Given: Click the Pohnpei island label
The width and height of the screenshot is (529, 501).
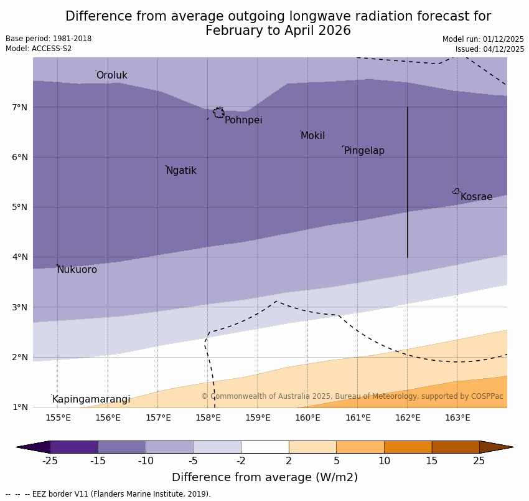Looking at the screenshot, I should coord(243,120).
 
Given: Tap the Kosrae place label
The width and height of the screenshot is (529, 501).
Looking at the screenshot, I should coord(476,197).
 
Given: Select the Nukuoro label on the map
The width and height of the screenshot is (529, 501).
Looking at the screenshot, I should coord(77,270).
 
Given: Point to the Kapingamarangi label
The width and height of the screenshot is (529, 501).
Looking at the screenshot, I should coord(91,399).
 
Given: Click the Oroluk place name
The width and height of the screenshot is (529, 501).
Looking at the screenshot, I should coord(111,75).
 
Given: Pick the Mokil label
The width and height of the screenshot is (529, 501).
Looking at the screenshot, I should coord(312,136).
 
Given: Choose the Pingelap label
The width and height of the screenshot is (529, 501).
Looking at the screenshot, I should coord(364,151).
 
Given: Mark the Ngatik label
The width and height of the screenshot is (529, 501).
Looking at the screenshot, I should coord(181,171).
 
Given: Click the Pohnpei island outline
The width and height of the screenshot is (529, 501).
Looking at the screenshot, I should coord(218,113).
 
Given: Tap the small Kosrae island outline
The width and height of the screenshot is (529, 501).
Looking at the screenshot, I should coord(456,191).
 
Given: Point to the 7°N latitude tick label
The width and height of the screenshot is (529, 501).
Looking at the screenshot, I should coord(20,107).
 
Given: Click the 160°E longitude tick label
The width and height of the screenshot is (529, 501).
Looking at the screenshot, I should coord(307,417).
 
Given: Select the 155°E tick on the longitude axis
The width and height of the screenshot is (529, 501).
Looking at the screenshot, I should coord(58,417).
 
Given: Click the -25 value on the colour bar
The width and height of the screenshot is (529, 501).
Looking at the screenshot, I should coord(50,461).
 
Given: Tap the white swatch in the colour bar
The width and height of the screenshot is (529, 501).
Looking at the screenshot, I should coord(264,447).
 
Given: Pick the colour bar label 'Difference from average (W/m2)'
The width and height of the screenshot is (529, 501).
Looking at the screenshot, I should coord(264,477).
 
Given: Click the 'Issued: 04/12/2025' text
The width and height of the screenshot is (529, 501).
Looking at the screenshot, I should coord(489,49).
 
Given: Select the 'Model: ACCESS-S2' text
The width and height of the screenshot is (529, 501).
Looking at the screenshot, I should coord(39,49).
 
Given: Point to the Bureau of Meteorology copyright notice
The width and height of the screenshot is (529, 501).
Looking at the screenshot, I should coord(352,396).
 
